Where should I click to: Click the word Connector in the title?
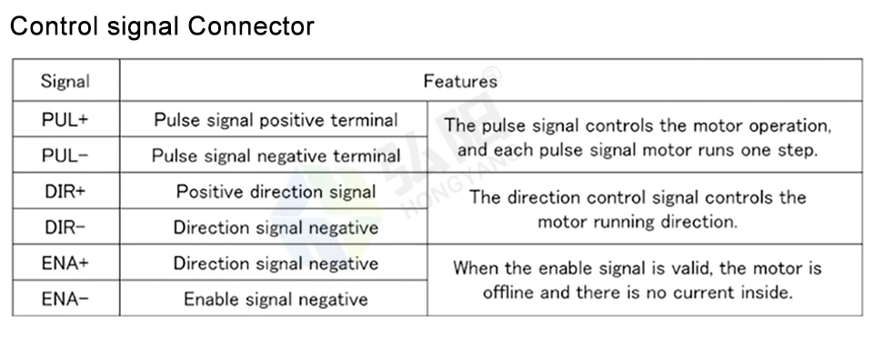click(x=251, y=26)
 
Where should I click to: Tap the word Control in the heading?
click(x=54, y=26)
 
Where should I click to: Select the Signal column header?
click(x=65, y=82)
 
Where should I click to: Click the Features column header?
click(x=460, y=81)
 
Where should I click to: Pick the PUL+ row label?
click(x=65, y=120)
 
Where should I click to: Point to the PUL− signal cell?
click(x=65, y=155)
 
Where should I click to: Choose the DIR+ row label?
click(x=65, y=192)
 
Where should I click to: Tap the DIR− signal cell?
click(x=65, y=227)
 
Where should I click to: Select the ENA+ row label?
click(x=65, y=264)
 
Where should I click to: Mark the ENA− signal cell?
click(x=65, y=299)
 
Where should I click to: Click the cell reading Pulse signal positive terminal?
click(x=276, y=120)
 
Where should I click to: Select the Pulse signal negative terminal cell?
click(x=276, y=155)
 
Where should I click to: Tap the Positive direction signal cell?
click(x=276, y=192)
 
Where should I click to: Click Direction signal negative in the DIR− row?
click(x=276, y=227)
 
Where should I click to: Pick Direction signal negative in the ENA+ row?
click(x=276, y=264)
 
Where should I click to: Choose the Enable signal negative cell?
click(x=276, y=299)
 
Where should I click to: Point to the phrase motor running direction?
click(x=637, y=222)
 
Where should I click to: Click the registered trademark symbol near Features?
click(x=492, y=74)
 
